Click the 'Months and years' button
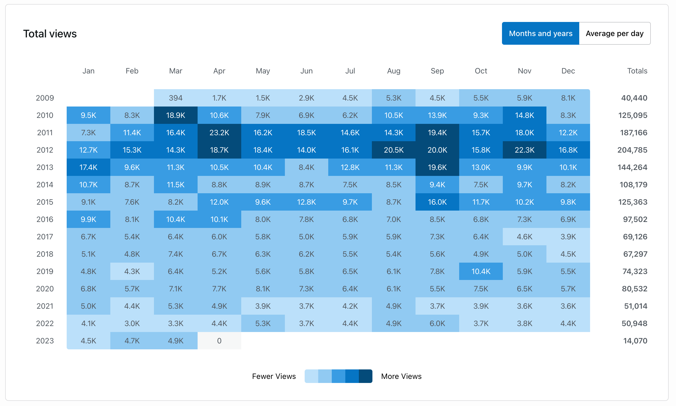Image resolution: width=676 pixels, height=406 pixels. point(540,33)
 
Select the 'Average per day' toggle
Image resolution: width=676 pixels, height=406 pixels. point(614,33)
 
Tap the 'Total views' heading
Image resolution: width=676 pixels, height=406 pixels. point(50,34)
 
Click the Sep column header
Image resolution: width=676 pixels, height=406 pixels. point(437,71)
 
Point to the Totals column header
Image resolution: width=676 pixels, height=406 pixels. point(637,71)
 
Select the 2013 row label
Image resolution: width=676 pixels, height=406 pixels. point(45,167)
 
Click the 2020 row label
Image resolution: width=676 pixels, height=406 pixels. point(45,289)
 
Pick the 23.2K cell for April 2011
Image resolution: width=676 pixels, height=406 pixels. point(219,133)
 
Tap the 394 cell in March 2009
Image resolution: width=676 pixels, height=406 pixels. point(176,98)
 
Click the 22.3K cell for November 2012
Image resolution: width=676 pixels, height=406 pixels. point(524,150)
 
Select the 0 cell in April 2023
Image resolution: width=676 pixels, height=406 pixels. point(219,341)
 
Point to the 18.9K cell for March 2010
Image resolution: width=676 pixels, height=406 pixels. point(176,115)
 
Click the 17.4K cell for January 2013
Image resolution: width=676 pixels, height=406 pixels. point(88,167)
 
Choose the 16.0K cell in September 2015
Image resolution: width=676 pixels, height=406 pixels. point(437,202)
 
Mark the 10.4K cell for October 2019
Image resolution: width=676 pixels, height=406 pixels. point(481,271)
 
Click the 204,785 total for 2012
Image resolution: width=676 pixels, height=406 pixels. point(632,150)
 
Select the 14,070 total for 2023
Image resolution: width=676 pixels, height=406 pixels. point(635,341)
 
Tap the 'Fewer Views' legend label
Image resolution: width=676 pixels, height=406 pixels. point(274,376)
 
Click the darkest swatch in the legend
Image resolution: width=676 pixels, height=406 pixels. point(365,376)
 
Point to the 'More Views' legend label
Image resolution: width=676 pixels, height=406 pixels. point(401,376)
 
